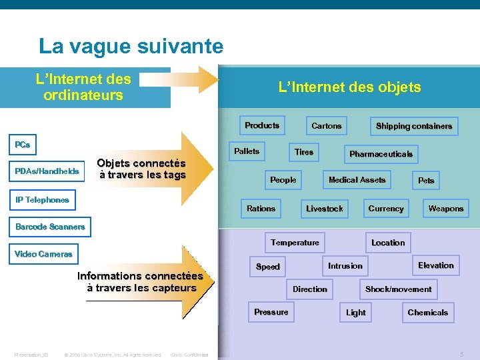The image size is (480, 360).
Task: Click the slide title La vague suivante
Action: coord(131,46)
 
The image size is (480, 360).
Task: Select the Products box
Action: coord(262,125)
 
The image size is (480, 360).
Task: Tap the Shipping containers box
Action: coord(413,126)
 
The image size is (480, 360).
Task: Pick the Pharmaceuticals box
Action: coord(381,154)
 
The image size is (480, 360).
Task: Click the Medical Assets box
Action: coord(357,180)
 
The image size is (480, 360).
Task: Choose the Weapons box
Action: coord(445,209)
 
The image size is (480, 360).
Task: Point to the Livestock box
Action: coord(324,209)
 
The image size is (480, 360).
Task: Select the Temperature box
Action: coord(295,243)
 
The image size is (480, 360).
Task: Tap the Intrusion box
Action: coord(345,266)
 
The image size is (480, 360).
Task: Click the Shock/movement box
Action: coord(398,289)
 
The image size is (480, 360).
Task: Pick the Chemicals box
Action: coord(427,313)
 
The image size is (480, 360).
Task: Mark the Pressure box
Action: coord(271,312)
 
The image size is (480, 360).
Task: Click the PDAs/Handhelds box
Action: coord(47,171)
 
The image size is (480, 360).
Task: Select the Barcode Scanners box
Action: coord(50,227)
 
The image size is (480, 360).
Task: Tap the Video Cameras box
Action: coord(43,254)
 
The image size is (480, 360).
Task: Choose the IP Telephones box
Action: coord(42,199)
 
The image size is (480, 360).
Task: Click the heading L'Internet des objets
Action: coord(349,87)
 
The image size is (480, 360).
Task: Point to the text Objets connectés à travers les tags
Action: coord(141,169)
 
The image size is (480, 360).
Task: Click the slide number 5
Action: coord(461,354)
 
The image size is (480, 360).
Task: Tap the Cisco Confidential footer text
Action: coord(189,355)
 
